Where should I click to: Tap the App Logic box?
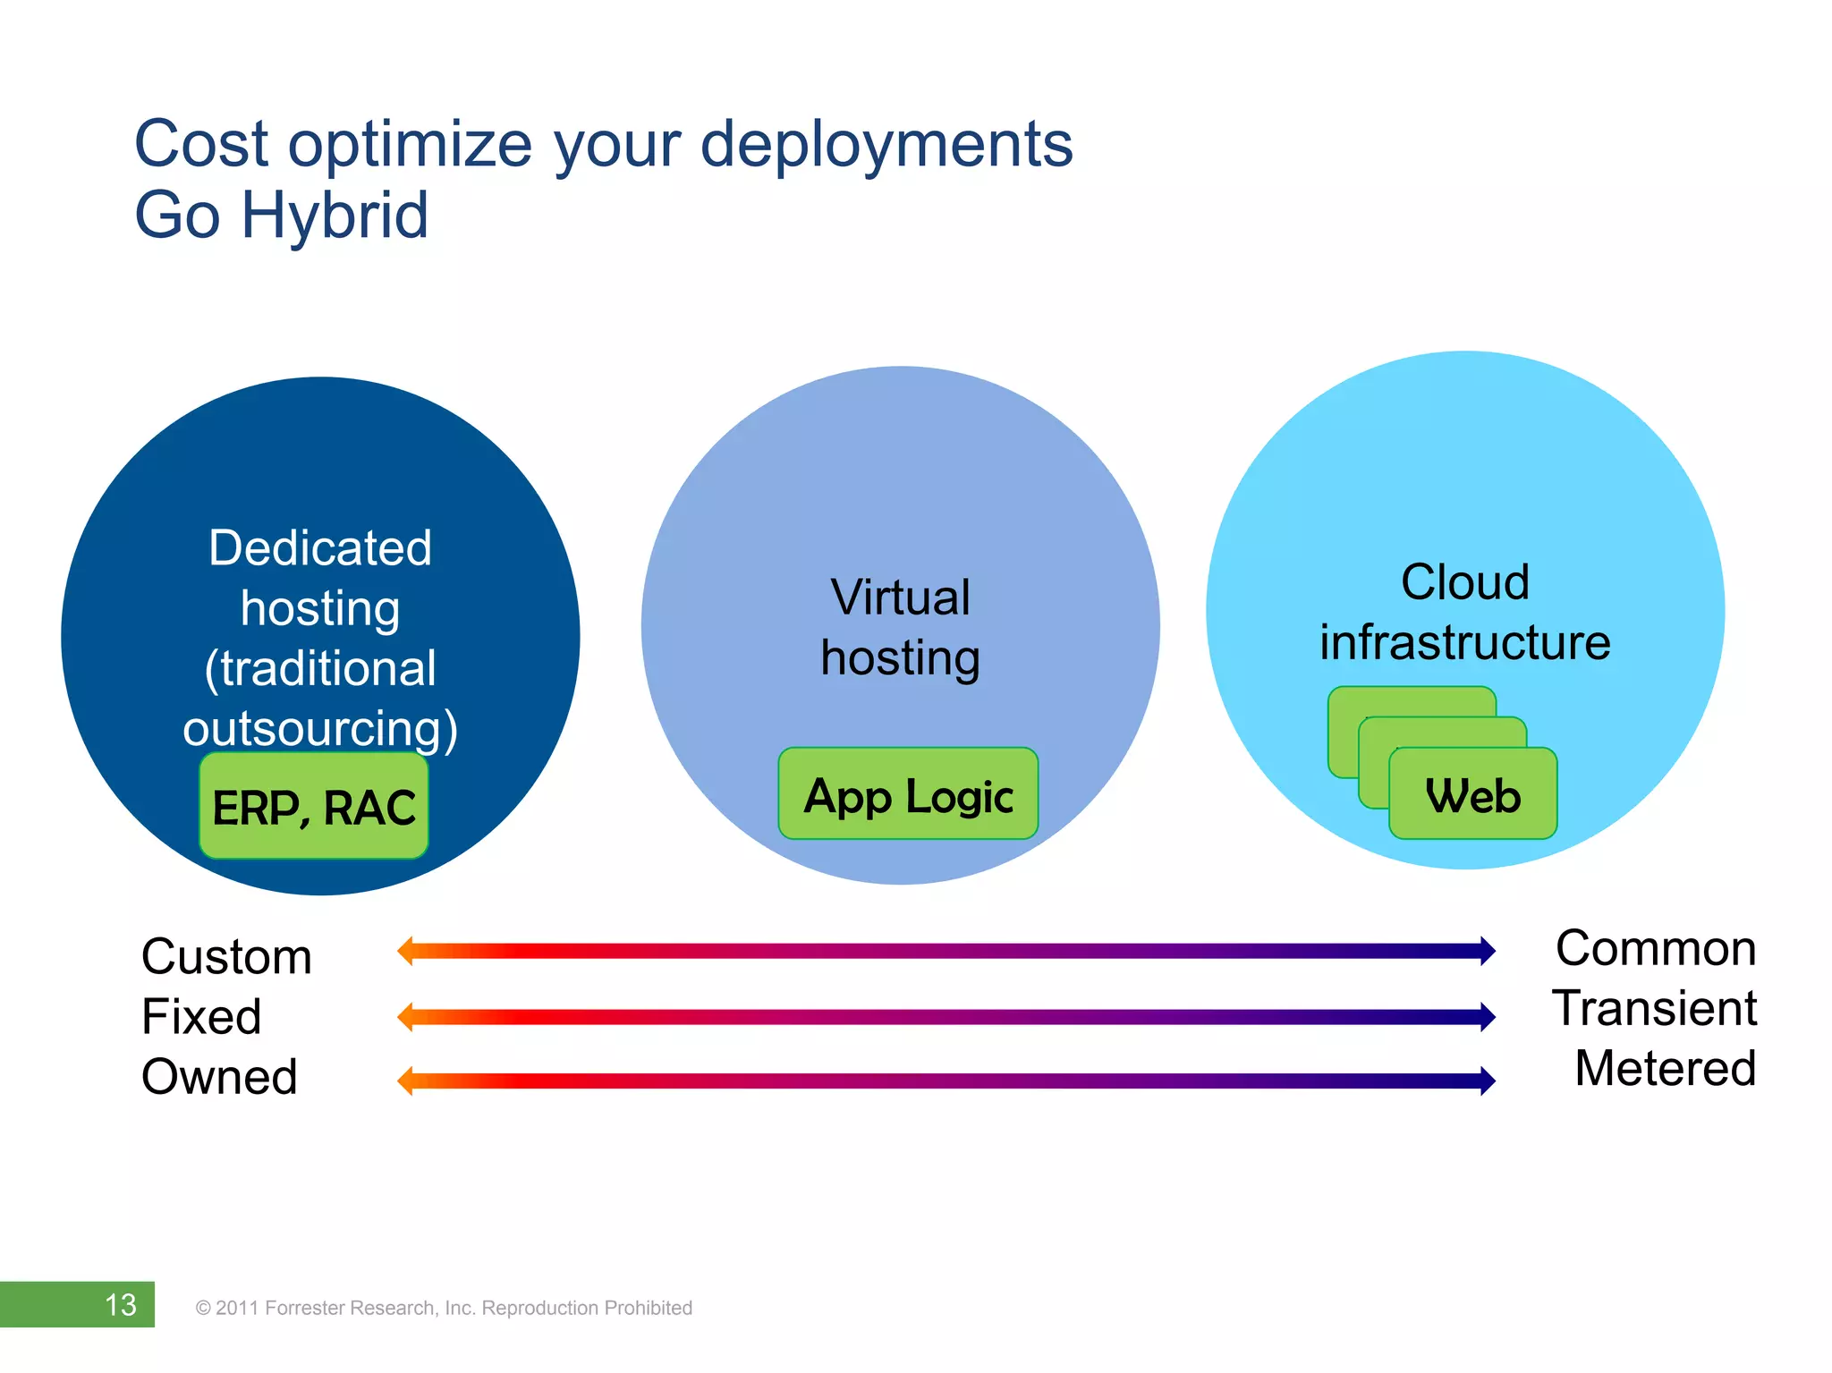pyautogui.click(x=908, y=794)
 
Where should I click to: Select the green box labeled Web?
pyautogui.click(x=1472, y=795)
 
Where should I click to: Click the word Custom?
pyautogui.click(x=226, y=956)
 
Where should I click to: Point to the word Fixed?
pyautogui.click(x=201, y=1017)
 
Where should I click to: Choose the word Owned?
pyautogui.click(x=219, y=1076)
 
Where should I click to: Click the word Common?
pyautogui.click(x=1655, y=948)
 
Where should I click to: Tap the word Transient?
pyautogui.click(x=1654, y=1008)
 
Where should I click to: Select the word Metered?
pyautogui.click(x=1665, y=1068)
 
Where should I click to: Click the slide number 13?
pyautogui.click(x=120, y=1305)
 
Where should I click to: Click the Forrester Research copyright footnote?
pyautogui.click(x=444, y=1308)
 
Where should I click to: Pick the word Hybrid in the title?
pyautogui.click(x=335, y=216)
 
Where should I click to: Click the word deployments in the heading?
pyautogui.click(x=886, y=144)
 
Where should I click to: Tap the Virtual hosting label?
pyautogui.click(x=900, y=627)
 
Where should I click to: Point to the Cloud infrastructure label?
pyautogui.click(x=1464, y=612)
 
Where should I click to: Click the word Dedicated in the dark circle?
pyautogui.click(x=320, y=547)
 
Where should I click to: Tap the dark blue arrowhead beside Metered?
pyautogui.click(x=1487, y=1081)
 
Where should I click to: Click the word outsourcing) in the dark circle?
pyautogui.click(x=320, y=728)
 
